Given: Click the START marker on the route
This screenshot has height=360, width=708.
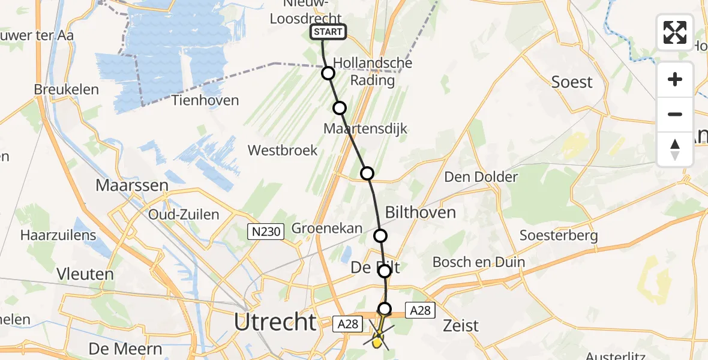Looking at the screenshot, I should (x=328, y=32).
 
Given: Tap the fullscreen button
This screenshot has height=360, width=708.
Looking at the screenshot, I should (x=675, y=32).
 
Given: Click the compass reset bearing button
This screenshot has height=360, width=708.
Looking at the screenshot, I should (x=675, y=149).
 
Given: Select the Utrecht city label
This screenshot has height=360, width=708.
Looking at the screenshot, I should (x=275, y=322).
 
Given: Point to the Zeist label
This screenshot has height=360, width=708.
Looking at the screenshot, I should (x=461, y=326).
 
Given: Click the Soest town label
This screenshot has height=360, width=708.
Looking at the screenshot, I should (x=572, y=82).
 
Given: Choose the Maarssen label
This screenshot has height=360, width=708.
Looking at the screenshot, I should (x=132, y=185).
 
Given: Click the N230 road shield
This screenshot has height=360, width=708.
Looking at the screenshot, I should (x=265, y=231).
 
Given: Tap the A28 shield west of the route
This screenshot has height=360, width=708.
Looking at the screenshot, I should (x=347, y=324).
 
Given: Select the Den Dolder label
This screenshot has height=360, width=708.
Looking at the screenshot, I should (x=481, y=177).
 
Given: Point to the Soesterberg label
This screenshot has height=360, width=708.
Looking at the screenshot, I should (x=559, y=235).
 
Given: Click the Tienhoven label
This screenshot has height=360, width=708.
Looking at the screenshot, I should (x=206, y=100).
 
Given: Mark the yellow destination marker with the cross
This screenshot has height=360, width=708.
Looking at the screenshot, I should (x=377, y=340).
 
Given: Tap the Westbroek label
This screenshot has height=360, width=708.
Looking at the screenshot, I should (x=283, y=150).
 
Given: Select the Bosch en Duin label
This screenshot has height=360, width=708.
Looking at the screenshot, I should (x=478, y=262).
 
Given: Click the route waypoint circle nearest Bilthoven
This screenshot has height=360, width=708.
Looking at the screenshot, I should (x=380, y=236).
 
